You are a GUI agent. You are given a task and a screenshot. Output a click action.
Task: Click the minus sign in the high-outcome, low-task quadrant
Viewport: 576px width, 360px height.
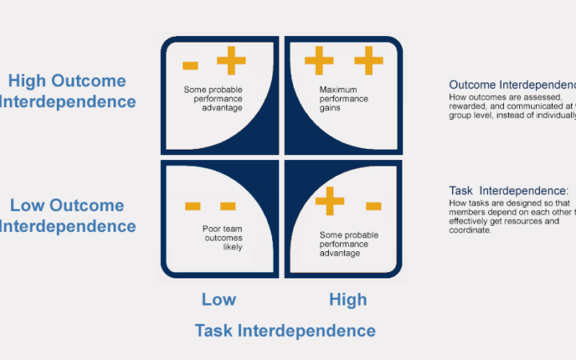click(190, 65)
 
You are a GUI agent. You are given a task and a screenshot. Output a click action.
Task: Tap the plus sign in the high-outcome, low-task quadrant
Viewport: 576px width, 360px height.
click(231, 61)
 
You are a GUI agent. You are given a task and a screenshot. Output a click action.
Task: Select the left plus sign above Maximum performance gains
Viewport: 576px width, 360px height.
click(318, 61)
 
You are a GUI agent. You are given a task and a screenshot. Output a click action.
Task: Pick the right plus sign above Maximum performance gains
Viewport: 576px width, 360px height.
click(369, 61)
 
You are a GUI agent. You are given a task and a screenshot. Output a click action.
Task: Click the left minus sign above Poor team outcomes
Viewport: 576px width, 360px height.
click(192, 206)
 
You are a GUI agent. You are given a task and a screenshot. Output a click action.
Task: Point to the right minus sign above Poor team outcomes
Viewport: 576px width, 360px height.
click(227, 206)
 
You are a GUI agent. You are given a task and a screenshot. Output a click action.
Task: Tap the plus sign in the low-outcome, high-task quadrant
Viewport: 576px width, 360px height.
click(330, 201)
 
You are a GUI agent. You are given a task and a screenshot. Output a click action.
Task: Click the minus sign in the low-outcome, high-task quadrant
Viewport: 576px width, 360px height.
click(373, 206)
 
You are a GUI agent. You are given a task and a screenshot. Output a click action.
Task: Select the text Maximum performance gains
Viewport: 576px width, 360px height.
click(343, 98)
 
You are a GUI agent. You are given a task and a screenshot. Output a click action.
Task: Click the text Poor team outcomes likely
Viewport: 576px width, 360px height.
click(222, 238)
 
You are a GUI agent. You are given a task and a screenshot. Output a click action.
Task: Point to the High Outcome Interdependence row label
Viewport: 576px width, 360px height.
click(67, 91)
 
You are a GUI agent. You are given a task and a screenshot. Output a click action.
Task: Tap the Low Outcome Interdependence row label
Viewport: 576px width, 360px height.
click(67, 215)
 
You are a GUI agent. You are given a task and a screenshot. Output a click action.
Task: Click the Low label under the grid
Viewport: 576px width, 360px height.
click(218, 300)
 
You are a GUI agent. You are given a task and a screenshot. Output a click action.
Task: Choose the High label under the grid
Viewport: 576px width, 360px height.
click(348, 300)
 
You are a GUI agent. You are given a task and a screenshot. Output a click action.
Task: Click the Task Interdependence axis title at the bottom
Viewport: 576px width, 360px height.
click(285, 330)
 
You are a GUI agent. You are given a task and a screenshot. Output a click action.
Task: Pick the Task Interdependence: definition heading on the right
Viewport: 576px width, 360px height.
click(509, 191)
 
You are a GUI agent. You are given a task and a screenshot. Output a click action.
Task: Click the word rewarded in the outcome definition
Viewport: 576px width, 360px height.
click(468, 106)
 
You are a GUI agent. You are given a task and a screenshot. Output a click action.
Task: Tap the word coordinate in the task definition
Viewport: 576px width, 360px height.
click(471, 230)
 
